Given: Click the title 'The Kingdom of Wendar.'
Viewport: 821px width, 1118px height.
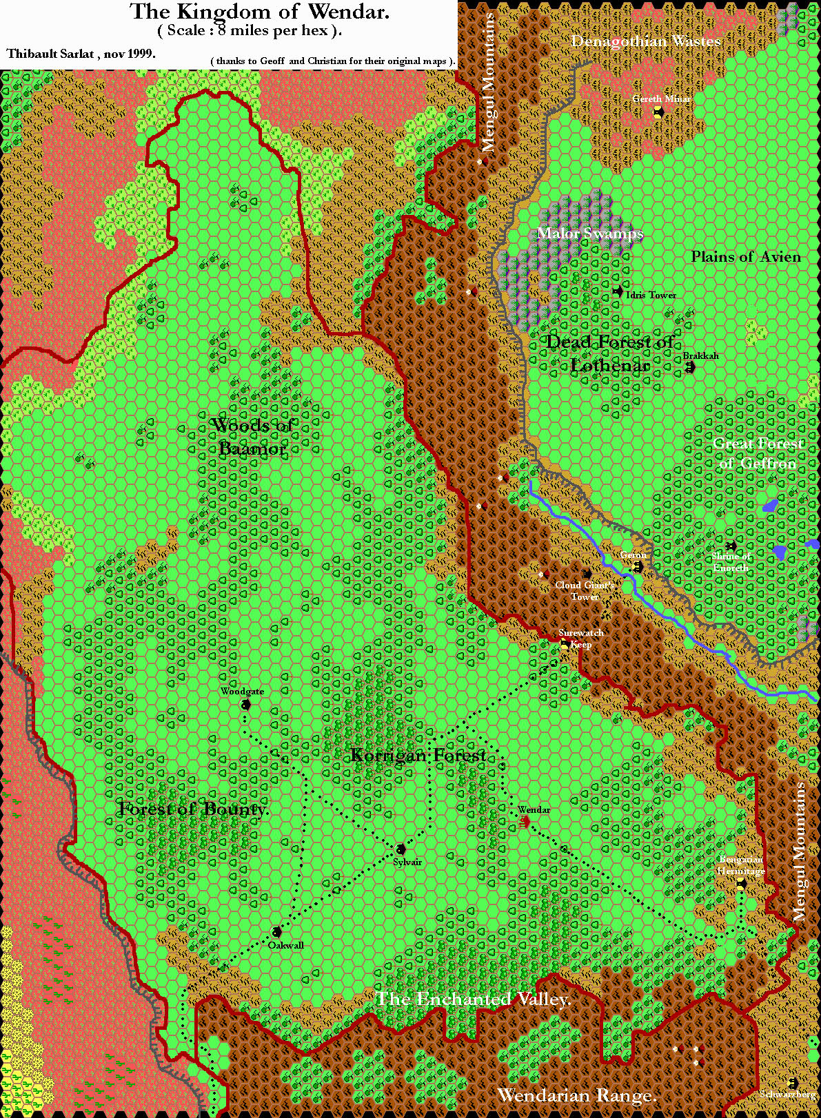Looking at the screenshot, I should click(259, 12).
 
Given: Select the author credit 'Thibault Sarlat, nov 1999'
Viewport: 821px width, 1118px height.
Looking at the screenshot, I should click(81, 54).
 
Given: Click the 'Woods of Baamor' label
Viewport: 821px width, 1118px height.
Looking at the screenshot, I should click(252, 436).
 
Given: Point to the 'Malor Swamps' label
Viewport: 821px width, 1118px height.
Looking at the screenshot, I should click(589, 233).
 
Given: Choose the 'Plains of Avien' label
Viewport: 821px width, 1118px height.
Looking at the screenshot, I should click(746, 256).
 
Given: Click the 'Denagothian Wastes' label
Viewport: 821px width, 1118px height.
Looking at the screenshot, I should click(646, 41).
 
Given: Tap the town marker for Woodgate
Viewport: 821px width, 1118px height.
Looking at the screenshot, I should click(246, 704).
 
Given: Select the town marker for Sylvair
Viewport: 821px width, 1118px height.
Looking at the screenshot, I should click(401, 849).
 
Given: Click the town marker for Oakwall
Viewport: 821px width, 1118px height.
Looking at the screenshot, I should click(276, 932).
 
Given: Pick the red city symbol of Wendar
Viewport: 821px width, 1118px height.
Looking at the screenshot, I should click(525, 821).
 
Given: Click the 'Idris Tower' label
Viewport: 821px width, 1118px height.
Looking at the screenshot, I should click(651, 295).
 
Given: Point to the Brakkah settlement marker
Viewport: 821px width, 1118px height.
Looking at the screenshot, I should click(690, 368).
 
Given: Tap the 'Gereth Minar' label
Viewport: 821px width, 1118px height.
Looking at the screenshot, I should click(661, 99).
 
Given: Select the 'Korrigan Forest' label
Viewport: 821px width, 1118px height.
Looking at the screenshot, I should click(418, 756).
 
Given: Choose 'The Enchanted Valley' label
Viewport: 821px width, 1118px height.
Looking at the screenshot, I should click(473, 999).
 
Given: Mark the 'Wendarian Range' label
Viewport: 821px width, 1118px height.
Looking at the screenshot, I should click(576, 1095).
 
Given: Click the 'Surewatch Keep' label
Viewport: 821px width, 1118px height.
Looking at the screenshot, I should click(581, 638).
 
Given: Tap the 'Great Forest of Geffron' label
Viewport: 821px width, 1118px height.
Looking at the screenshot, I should click(758, 453).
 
